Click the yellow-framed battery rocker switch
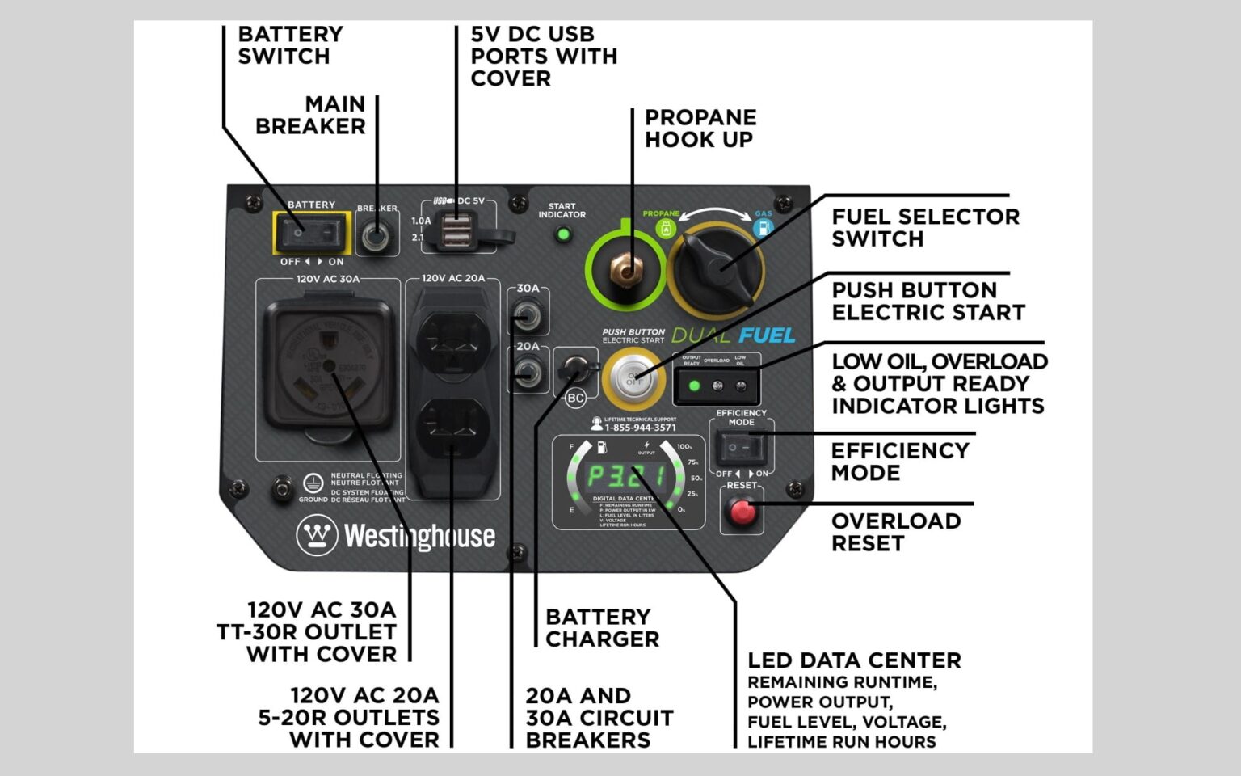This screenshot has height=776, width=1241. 312,233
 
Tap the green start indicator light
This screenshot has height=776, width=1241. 563,235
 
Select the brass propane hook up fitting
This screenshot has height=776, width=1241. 625,269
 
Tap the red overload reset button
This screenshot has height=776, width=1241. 742,511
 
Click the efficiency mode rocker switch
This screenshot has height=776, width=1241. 740,447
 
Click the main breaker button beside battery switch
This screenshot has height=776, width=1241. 376,237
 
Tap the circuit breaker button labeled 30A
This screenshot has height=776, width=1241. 528,315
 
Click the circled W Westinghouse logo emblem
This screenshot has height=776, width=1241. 316,535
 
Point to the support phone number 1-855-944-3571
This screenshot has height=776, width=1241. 640,428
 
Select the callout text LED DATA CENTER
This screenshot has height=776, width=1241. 854,660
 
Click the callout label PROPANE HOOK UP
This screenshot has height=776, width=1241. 700,128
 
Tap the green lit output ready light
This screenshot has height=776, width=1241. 693,386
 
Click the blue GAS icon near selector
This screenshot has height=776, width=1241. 762,228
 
